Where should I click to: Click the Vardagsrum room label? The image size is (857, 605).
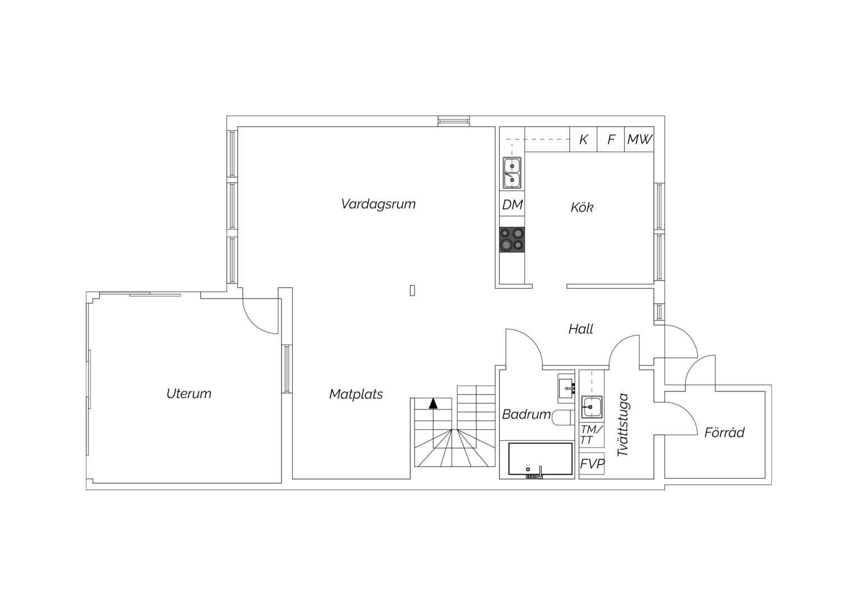tap(378, 204)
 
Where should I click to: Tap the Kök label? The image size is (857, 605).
tap(582, 207)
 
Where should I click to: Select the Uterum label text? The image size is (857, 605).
tap(188, 394)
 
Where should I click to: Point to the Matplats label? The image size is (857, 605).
tap(356, 394)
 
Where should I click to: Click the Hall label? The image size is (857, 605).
tap(580, 329)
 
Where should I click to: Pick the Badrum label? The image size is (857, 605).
tap(526, 415)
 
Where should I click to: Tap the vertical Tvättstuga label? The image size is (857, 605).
tap(624, 424)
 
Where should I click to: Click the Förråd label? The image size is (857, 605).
tap(724, 432)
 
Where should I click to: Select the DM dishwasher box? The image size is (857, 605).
tap(512, 205)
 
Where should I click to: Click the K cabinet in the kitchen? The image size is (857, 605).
tap(583, 139)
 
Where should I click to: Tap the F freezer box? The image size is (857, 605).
tap(611, 139)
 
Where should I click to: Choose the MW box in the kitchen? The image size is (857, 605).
tap(639, 139)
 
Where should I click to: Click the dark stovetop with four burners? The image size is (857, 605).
tap(512, 240)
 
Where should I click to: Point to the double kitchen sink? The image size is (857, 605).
tap(512, 173)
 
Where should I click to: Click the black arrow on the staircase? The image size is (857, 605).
tap(433, 403)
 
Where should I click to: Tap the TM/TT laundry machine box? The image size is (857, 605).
tap(592, 435)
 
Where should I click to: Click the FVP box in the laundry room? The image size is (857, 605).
tap(592, 464)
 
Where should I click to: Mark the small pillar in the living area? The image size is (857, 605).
tap(412, 291)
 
